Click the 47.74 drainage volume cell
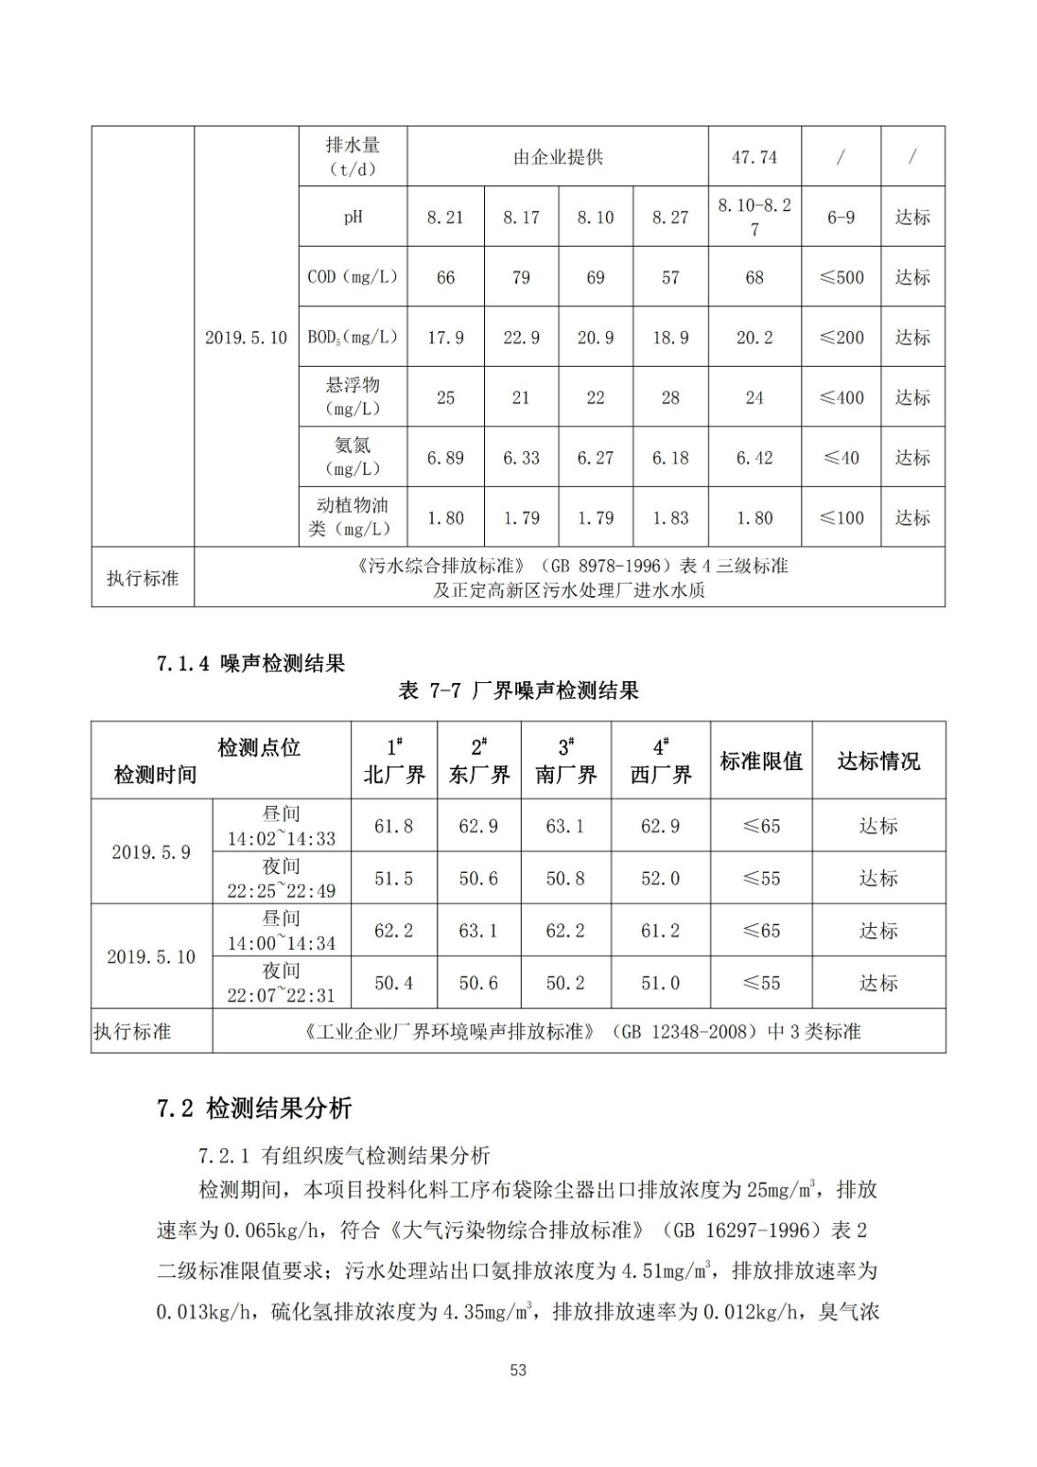pos(754,158)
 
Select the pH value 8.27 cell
pos(670,217)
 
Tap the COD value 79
pos(521,277)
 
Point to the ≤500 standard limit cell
pos(841,277)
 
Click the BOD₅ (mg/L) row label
pos(353,337)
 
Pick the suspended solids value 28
pos(670,397)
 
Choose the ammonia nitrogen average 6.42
pos(754,458)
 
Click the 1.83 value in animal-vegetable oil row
pos(670,518)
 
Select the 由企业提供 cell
pos(557,158)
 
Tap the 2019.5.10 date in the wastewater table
pos(246,337)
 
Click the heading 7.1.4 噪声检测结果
pos(250,664)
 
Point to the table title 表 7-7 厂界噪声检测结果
pos(518,691)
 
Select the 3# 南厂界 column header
pos(566,760)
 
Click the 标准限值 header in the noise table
pos(761,761)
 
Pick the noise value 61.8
pos(393,826)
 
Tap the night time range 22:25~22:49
pos(281,890)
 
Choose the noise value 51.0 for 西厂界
pos(660,983)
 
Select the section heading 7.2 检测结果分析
pos(254,1109)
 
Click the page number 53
pos(518,1370)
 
